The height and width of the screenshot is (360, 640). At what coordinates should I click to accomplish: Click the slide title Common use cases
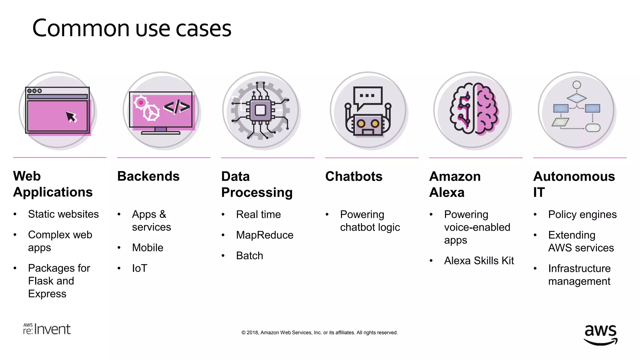tap(132, 28)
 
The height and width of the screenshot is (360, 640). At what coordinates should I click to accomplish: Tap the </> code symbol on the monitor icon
tap(177, 107)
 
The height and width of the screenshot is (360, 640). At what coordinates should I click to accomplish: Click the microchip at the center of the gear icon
tap(260, 110)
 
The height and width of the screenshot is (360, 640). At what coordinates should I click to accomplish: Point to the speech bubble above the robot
tap(368, 96)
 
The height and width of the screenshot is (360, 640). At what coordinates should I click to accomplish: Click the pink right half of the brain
tap(486, 109)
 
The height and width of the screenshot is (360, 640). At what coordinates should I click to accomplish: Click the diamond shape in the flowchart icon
tap(577, 98)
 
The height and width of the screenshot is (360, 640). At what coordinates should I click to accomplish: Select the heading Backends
tap(148, 176)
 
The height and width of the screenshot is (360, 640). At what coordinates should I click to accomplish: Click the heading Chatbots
tap(354, 177)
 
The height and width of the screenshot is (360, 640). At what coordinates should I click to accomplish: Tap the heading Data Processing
tap(257, 184)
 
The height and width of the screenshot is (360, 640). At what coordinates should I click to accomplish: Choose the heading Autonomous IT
tap(574, 184)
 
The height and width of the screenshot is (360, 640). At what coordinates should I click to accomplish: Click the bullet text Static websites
tap(63, 214)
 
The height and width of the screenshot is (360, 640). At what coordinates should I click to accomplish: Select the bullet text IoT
tap(139, 268)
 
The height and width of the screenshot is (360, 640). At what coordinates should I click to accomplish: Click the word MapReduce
tap(265, 235)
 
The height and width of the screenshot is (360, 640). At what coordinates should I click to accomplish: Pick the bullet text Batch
tap(249, 256)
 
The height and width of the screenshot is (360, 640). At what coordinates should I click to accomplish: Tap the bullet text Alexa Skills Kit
tap(479, 261)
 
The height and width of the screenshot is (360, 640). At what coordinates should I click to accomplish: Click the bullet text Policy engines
tap(582, 215)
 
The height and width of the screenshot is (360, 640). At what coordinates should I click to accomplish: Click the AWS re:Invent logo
tap(47, 329)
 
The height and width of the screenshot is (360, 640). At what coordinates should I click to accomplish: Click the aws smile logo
tap(600, 334)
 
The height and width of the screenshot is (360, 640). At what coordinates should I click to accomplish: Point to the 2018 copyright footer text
tap(319, 332)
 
